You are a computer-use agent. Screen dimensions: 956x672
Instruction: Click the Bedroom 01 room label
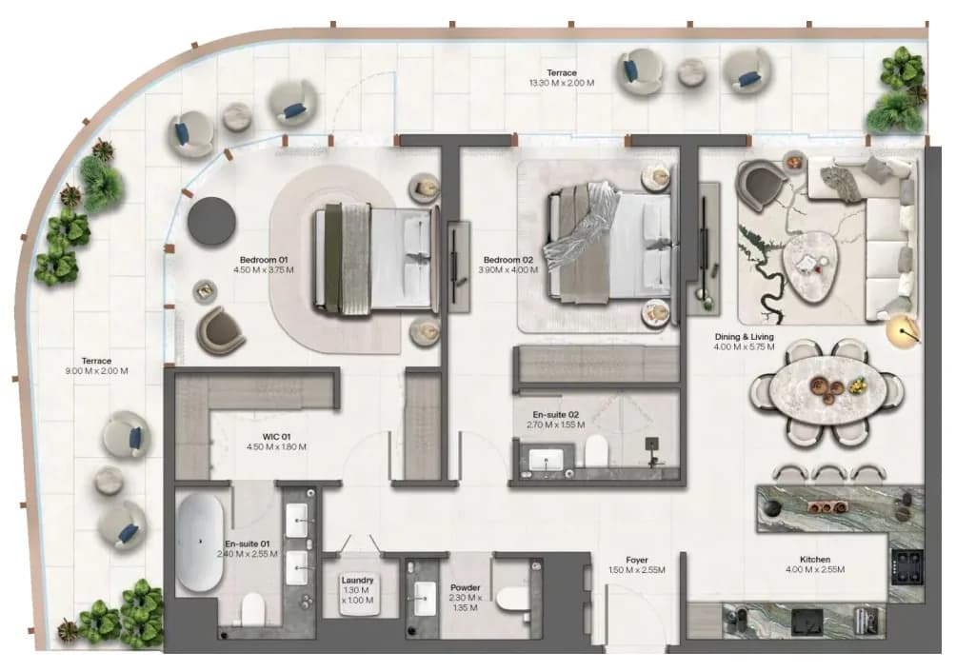264,260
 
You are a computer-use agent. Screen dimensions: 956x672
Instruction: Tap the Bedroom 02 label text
508,260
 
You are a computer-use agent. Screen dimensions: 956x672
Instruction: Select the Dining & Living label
744,336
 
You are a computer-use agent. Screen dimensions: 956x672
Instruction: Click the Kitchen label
815,560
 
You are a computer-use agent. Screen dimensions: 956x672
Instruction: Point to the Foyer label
636,560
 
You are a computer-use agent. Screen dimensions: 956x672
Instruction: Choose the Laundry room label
357,580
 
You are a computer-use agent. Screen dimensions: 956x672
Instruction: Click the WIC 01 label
277,437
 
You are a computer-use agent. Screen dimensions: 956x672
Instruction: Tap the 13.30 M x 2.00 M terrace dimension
562,83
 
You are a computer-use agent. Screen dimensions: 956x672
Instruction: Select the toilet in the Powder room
514,598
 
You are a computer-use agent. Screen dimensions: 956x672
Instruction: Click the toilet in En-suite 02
596,451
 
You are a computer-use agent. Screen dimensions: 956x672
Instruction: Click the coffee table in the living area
809,260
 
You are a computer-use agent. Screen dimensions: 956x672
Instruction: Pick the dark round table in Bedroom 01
211,220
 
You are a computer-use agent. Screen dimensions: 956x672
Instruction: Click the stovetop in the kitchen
906,568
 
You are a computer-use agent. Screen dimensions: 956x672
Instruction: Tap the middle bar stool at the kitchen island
828,475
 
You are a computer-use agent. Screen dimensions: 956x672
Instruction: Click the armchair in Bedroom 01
220,331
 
